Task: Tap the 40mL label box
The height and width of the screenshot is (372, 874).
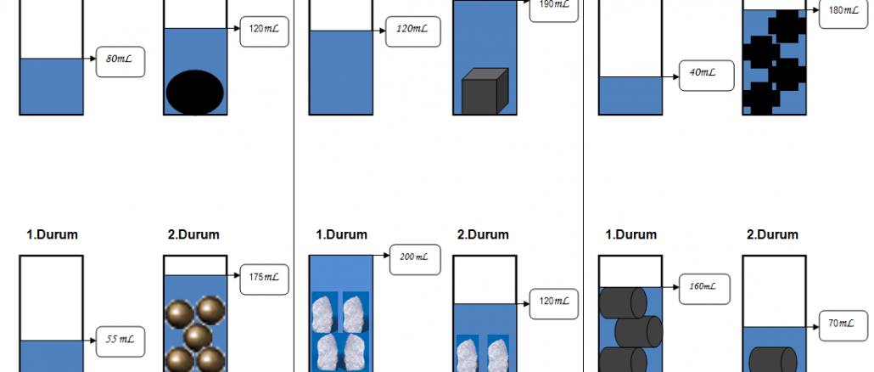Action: [x=703, y=73]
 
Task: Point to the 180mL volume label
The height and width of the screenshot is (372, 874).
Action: [x=843, y=13]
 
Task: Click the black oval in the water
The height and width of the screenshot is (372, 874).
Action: [x=196, y=91]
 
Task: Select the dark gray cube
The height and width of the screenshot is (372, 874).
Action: [x=484, y=92]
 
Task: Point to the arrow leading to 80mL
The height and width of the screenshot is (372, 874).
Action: [x=90, y=59]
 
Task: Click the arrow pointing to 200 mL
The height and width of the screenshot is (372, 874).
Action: [x=381, y=255]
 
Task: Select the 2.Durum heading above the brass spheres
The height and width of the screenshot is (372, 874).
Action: [x=194, y=234]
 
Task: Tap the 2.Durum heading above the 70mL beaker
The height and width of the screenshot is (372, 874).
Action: [x=772, y=234]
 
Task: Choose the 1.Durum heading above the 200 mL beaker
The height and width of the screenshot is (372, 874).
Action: [x=342, y=234]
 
